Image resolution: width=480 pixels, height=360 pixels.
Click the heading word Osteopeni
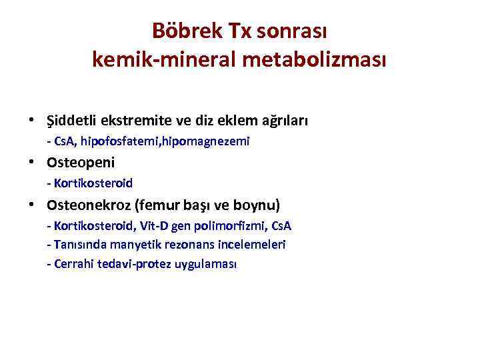(81, 162)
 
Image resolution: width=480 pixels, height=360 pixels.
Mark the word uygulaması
(206, 264)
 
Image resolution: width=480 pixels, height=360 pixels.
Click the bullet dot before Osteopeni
(31, 163)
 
